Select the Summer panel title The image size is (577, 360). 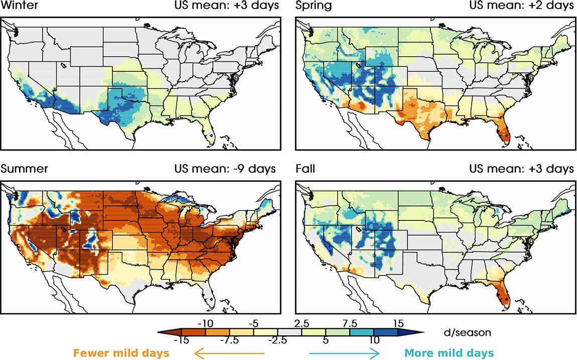[x=25, y=169]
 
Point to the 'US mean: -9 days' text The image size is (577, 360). [x=224, y=169]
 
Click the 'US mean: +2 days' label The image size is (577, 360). [x=521, y=6]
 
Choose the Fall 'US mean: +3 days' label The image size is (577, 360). [x=521, y=169]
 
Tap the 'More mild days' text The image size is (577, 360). [x=449, y=353]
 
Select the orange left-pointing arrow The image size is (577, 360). [x=228, y=353]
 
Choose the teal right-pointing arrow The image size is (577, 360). [x=344, y=353]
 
